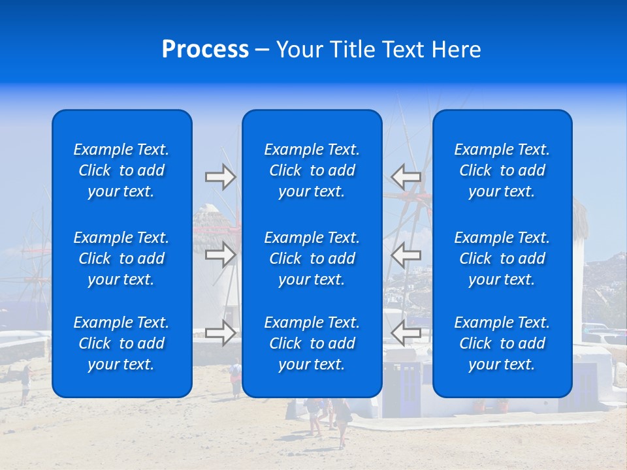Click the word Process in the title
coord(205,50)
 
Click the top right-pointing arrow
coord(220,177)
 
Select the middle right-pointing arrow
coord(220,255)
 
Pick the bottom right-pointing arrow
coord(220,333)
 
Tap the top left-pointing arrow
coord(406,177)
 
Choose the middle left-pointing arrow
coord(406,255)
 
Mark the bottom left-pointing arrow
coord(406,333)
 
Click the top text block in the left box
coord(121,170)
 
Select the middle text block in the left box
coord(121,258)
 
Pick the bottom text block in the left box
coord(121,343)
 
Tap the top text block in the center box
coord(312,170)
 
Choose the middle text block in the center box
coord(312,258)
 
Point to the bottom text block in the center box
coord(312,343)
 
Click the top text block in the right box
coord(502,170)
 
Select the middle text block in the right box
coord(502,258)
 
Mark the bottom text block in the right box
coord(502,343)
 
